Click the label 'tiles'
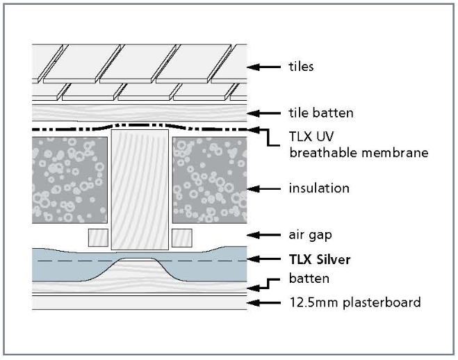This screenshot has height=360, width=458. (x=301, y=67)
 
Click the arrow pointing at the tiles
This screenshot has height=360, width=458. (x=264, y=67)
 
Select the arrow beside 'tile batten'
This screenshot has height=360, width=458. (x=264, y=113)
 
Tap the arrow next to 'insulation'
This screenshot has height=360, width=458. (x=264, y=188)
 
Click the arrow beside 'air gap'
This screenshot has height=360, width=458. (x=264, y=235)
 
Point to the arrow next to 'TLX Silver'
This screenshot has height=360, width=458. (x=264, y=259)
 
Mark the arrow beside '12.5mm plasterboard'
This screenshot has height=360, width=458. (x=264, y=302)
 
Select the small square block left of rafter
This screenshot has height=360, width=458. (x=98, y=237)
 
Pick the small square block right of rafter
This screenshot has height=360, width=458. (x=181, y=237)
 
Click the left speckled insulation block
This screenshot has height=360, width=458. (x=69, y=178)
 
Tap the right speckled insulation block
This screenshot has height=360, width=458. (x=209, y=178)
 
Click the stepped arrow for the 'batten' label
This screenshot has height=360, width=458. (x=266, y=282)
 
